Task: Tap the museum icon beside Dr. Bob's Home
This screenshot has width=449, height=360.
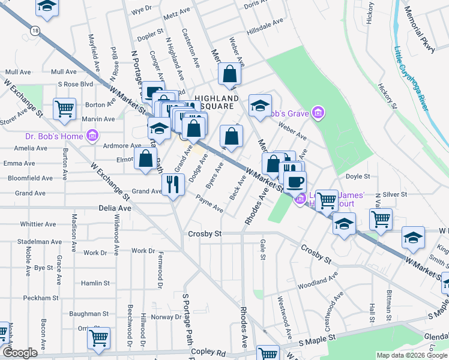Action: point(92,137)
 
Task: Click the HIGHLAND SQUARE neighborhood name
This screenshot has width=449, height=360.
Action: point(208,102)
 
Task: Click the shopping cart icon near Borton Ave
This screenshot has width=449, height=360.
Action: point(64,109)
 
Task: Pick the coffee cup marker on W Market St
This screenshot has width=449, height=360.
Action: point(295,182)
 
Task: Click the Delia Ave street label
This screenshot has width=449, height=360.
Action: point(114,208)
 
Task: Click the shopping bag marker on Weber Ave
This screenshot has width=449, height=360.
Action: point(230,74)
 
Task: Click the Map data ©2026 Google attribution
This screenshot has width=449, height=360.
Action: point(411,355)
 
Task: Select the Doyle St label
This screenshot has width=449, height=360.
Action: point(359,176)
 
